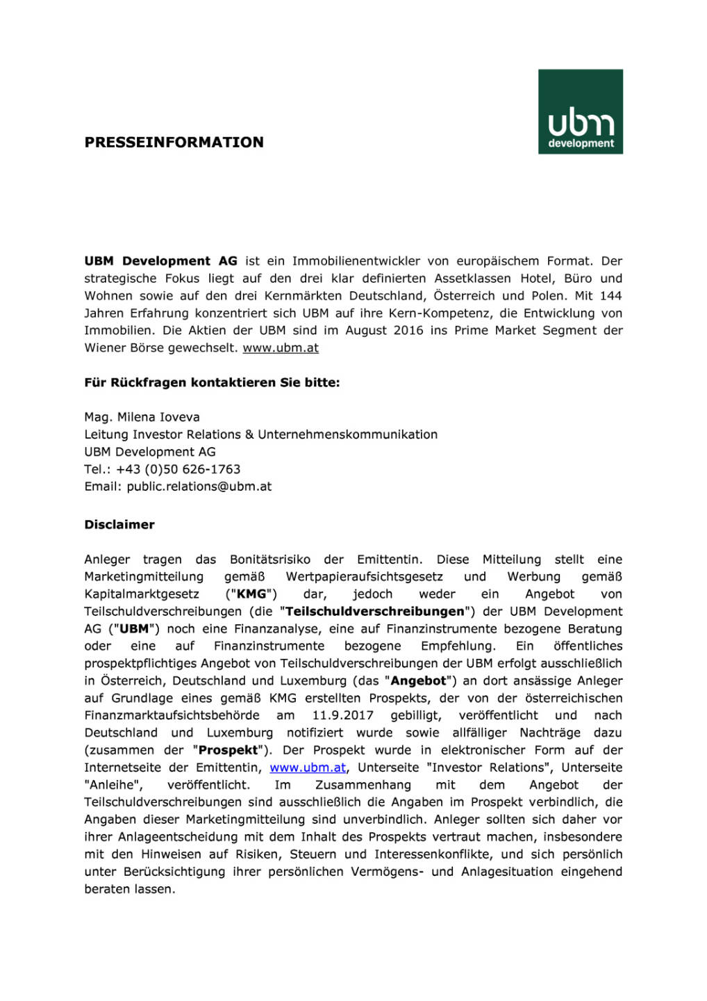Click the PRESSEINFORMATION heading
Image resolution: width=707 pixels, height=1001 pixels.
(x=174, y=143)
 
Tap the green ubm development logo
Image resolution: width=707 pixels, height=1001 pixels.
(x=580, y=111)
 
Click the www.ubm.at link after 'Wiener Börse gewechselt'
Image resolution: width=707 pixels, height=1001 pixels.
(x=280, y=348)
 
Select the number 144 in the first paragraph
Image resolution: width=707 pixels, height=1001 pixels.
(x=610, y=296)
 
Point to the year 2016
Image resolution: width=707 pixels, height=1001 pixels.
(x=408, y=331)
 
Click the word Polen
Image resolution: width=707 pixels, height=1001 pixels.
(x=547, y=296)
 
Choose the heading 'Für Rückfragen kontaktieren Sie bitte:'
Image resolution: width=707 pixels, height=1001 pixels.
(x=212, y=383)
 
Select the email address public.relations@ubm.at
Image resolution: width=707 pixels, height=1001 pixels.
(x=199, y=487)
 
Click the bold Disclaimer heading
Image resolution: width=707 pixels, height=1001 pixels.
(x=119, y=525)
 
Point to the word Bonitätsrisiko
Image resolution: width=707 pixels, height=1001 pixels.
(x=270, y=560)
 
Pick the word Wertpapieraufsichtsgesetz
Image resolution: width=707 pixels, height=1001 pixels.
(x=364, y=577)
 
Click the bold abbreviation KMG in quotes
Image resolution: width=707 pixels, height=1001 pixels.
(x=251, y=594)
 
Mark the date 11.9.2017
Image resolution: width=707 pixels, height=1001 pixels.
(x=342, y=716)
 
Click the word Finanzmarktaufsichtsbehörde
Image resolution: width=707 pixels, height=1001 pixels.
(x=172, y=716)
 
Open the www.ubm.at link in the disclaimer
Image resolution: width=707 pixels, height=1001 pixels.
(x=308, y=768)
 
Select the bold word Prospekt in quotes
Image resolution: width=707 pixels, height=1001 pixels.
(x=228, y=751)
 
